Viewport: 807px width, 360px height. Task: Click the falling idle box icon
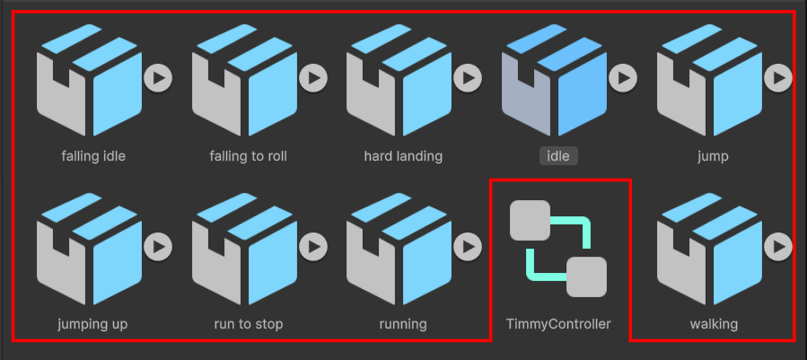[x=89, y=80]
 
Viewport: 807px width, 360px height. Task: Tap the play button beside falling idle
[x=158, y=78]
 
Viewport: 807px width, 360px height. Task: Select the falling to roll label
[x=248, y=155]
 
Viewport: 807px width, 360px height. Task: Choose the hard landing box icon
[x=399, y=80]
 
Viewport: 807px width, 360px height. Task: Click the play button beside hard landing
[x=468, y=78]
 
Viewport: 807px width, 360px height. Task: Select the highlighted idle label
[x=558, y=155]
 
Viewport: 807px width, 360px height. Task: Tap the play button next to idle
[x=623, y=78]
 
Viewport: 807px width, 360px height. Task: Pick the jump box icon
[x=709, y=80]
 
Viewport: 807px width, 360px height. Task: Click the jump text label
[x=713, y=156]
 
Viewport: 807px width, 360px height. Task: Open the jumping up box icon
[x=89, y=249]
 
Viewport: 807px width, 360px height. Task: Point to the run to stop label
[x=249, y=324]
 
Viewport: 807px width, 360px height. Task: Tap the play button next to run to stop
[x=313, y=247]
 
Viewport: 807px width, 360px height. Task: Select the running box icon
[x=399, y=249]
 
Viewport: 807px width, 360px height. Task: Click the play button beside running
[x=468, y=247]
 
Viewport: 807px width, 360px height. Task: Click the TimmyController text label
[x=558, y=324]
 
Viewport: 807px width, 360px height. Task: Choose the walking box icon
[x=709, y=249]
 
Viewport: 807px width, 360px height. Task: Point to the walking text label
[x=714, y=324]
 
